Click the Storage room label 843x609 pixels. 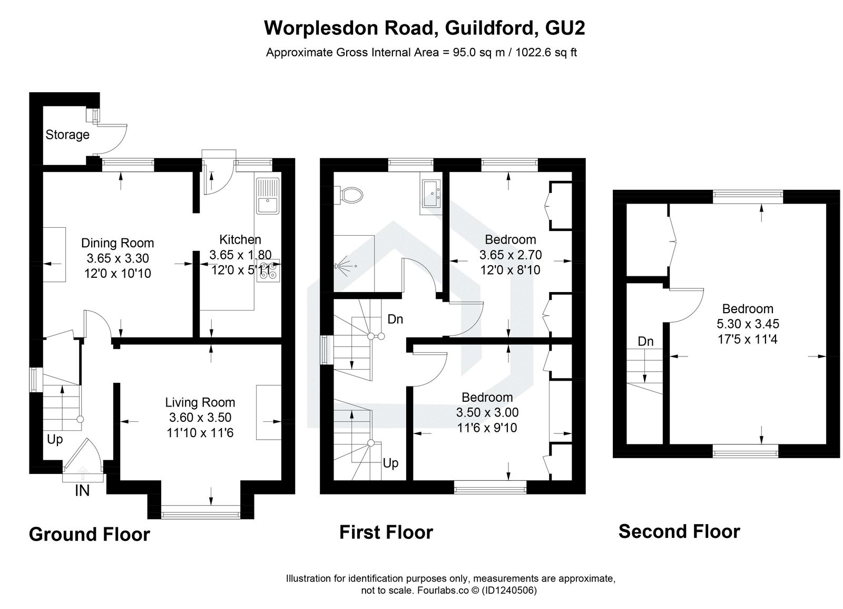click(67, 135)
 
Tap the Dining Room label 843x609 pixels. click(117, 243)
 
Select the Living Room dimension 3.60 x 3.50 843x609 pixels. click(200, 418)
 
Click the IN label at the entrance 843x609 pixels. click(82, 491)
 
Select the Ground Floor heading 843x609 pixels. click(89, 534)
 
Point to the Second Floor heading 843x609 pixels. click(679, 531)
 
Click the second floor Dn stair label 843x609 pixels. click(645, 342)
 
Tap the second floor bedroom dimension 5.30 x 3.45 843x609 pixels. click(747, 324)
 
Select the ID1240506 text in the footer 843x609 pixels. click(509, 591)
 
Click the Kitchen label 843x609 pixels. click(240, 239)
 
